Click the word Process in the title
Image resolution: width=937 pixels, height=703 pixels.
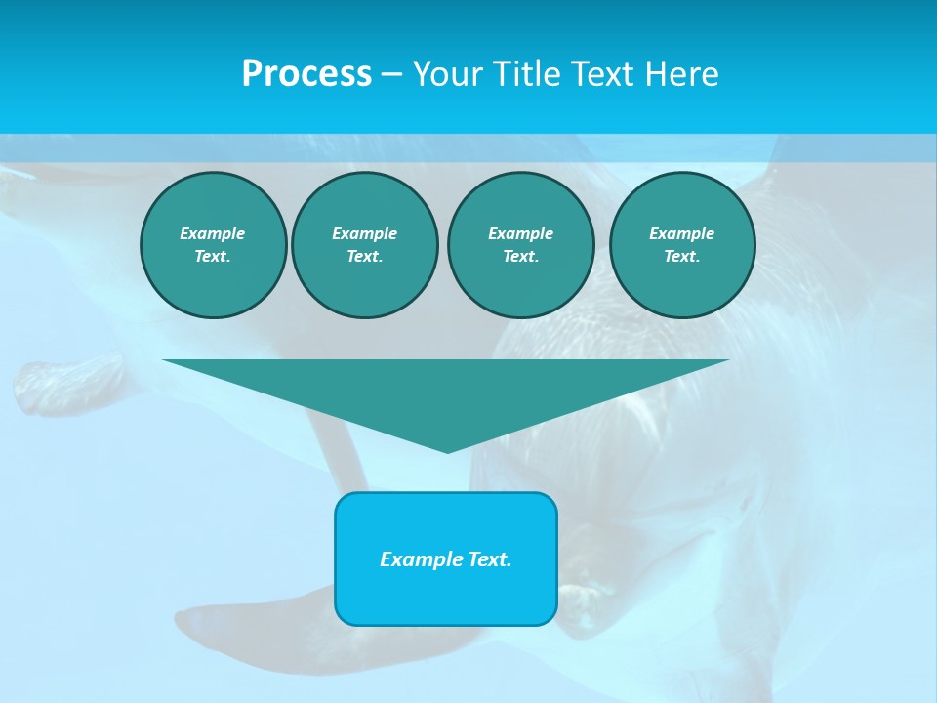point(306,74)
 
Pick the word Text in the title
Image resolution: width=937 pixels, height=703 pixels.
point(603,74)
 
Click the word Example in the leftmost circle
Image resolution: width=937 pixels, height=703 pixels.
point(213,233)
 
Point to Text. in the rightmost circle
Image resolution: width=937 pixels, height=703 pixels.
point(681,256)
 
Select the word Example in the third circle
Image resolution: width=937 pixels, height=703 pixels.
point(520,233)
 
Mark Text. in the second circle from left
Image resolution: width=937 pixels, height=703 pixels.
point(364,256)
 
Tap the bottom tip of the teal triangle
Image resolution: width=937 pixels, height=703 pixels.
point(447,450)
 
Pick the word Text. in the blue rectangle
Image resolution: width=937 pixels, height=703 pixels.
point(487,559)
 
